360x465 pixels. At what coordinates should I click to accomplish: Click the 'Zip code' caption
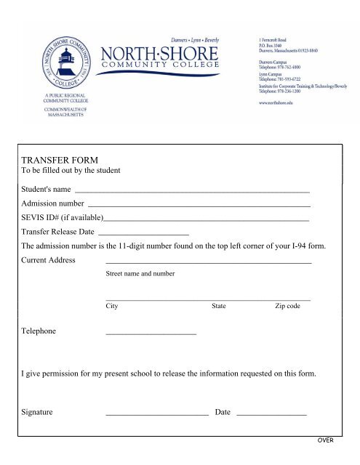point(287,307)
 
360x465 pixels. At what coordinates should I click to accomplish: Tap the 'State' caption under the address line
point(218,307)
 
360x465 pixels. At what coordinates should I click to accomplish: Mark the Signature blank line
point(156,413)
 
